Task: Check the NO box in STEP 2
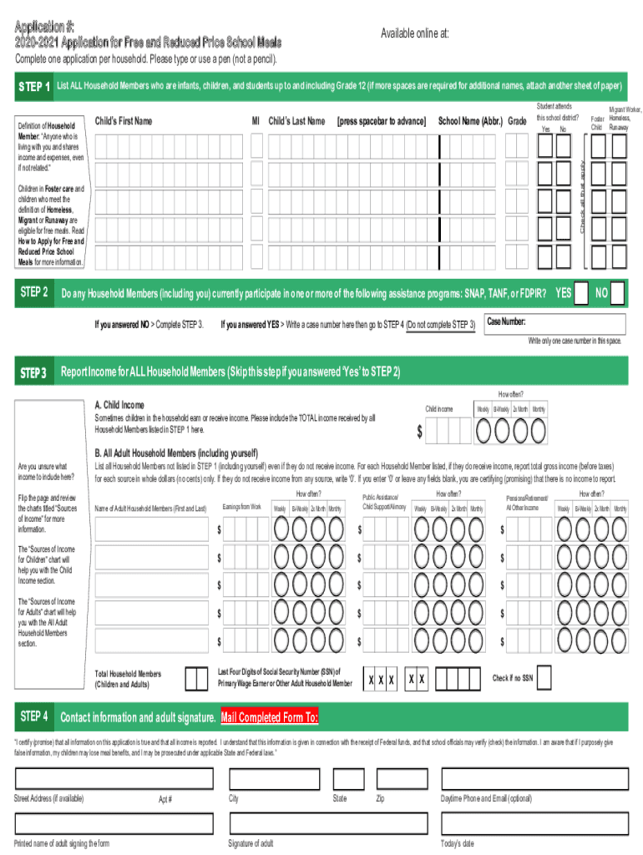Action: (x=616, y=294)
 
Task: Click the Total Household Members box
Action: (x=196, y=679)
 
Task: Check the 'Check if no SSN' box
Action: (x=545, y=679)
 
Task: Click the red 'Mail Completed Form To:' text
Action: (x=269, y=717)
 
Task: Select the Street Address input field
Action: (x=117, y=778)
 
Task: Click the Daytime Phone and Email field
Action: (x=534, y=778)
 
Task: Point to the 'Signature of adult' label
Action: (x=251, y=843)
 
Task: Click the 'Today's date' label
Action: (x=457, y=843)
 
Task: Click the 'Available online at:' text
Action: (x=414, y=33)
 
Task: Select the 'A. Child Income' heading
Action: (x=124, y=405)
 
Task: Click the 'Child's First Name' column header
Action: (x=124, y=121)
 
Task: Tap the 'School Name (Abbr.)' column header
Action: (x=471, y=121)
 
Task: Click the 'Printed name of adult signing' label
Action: (x=62, y=843)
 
